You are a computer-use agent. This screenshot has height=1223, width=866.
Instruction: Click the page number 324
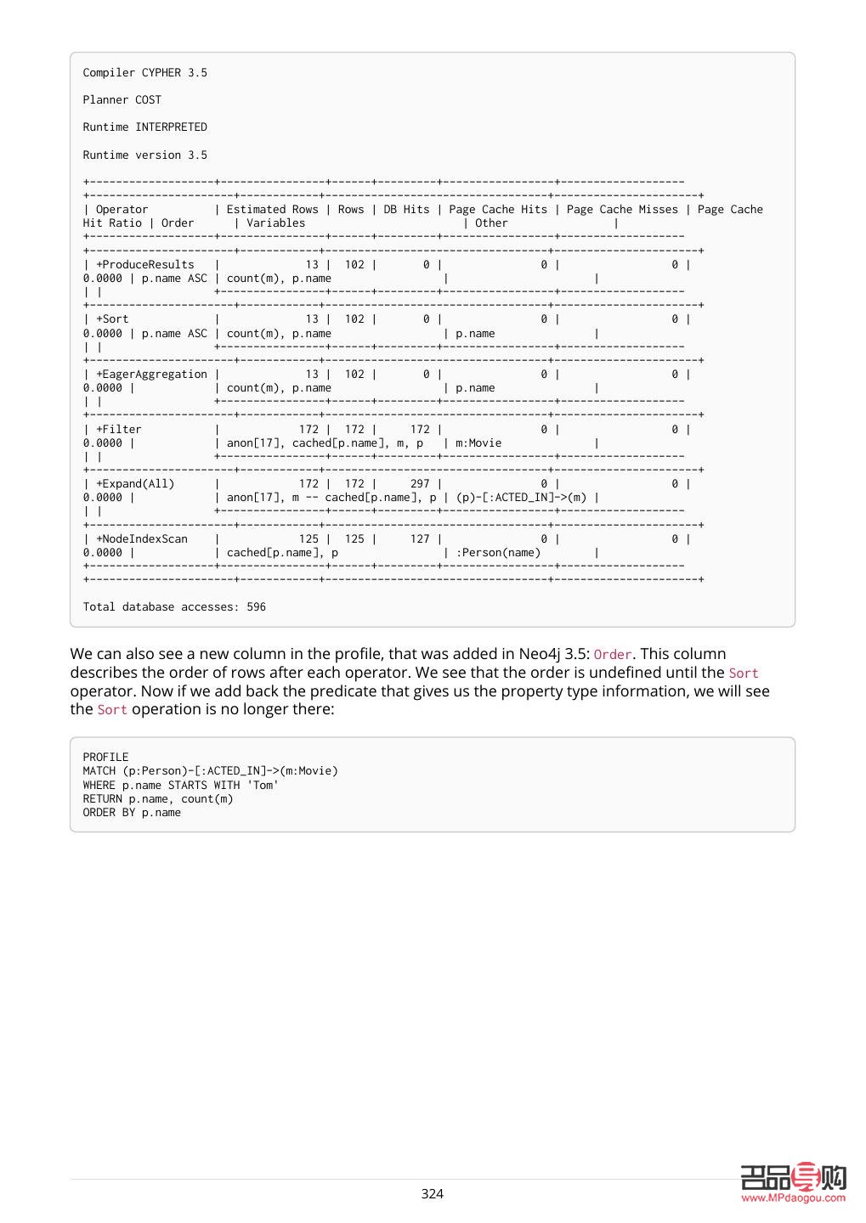click(432, 1193)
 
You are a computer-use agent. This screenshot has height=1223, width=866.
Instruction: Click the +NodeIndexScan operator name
click(141, 538)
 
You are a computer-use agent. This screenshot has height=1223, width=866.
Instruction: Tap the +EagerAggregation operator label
click(151, 374)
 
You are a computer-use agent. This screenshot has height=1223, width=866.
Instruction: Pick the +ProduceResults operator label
click(144, 264)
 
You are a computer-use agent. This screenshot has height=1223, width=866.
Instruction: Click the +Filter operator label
click(118, 429)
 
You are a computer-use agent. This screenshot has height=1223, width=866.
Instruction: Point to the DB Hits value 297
click(420, 483)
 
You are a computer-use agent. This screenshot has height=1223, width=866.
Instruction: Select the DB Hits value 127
click(420, 538)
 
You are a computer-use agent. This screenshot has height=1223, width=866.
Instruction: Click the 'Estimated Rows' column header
click(272, 209)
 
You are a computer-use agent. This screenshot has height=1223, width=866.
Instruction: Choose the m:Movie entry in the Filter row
click(478, 442)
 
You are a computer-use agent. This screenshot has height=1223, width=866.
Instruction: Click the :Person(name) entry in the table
click(498, 552)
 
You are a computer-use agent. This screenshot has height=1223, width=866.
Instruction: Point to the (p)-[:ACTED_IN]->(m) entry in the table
click(521, 497)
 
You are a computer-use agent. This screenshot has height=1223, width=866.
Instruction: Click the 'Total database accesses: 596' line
click(174, 606)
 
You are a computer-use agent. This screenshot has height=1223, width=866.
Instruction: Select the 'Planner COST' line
click(122, 99)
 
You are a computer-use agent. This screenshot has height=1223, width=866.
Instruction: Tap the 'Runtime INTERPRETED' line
click(144, 127)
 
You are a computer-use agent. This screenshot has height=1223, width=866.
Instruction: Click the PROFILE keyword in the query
click(105, 757)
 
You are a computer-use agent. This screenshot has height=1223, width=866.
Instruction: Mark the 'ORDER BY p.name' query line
click(132, 812)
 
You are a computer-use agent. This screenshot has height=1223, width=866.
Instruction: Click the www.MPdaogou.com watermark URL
click(793, 1198)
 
